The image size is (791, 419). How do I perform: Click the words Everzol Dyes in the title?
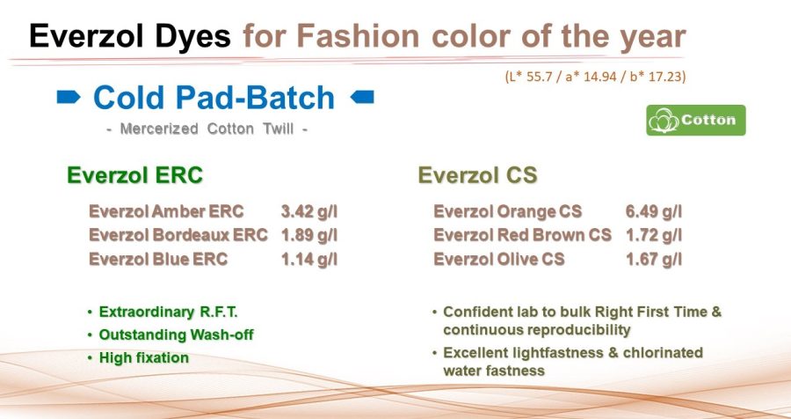(130, 35)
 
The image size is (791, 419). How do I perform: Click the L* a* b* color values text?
(595, 77)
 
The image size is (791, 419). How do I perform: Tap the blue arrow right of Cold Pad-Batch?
(361, 98)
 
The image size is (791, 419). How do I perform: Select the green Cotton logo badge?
(696, 120)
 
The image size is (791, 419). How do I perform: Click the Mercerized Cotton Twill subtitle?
(207, 129)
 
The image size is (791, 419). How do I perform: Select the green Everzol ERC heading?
(134, 175)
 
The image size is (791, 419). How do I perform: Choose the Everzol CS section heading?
(477, 175)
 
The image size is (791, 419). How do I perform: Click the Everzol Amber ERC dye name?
(166, 212)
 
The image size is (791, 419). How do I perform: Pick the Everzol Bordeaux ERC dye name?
(178, 235)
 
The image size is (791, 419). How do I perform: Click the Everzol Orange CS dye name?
(507, 212)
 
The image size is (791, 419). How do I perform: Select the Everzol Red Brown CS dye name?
(522, 235)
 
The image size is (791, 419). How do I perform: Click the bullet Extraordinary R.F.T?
(169, 312)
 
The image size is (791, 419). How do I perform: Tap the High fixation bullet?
(143, 357)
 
